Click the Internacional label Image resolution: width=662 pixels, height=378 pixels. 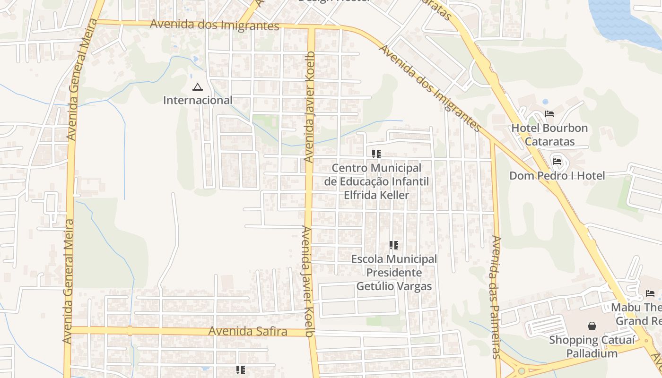coord(198,100)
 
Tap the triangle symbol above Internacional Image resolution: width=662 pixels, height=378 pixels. coord(197,87)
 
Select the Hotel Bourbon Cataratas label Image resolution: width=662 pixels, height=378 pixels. coord(549,135)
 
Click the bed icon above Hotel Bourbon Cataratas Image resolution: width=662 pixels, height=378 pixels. coord(549,114)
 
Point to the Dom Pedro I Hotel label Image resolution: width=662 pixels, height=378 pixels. coord(557,176)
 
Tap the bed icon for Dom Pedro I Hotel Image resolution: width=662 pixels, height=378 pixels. coord(557,162)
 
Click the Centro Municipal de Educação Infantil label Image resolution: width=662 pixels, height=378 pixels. coord(376,181)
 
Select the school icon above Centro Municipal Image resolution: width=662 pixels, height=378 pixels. coord(376,154)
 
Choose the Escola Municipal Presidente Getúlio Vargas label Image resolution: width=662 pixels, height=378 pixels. coord(394,273)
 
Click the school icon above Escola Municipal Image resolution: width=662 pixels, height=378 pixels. coord(394,245)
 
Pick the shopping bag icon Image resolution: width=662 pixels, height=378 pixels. coord(592,326)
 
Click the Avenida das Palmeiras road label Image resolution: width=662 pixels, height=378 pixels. coord(496,297)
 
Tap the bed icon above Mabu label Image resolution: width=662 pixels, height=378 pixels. coord(650,293)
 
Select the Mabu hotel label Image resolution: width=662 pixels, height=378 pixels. coord(636,314)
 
